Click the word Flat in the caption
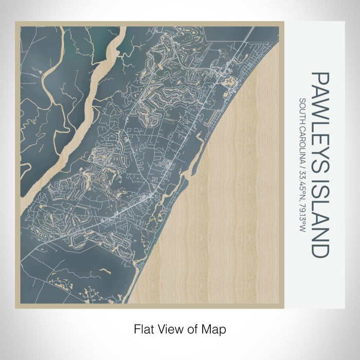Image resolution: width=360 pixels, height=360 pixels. (x=143, y=328)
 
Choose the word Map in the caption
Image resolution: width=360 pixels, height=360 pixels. (x=216, y=328)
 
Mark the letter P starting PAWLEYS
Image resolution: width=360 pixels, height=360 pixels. (x=319, y=77)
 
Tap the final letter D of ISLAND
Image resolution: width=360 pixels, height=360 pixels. (x=319, y=250)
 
